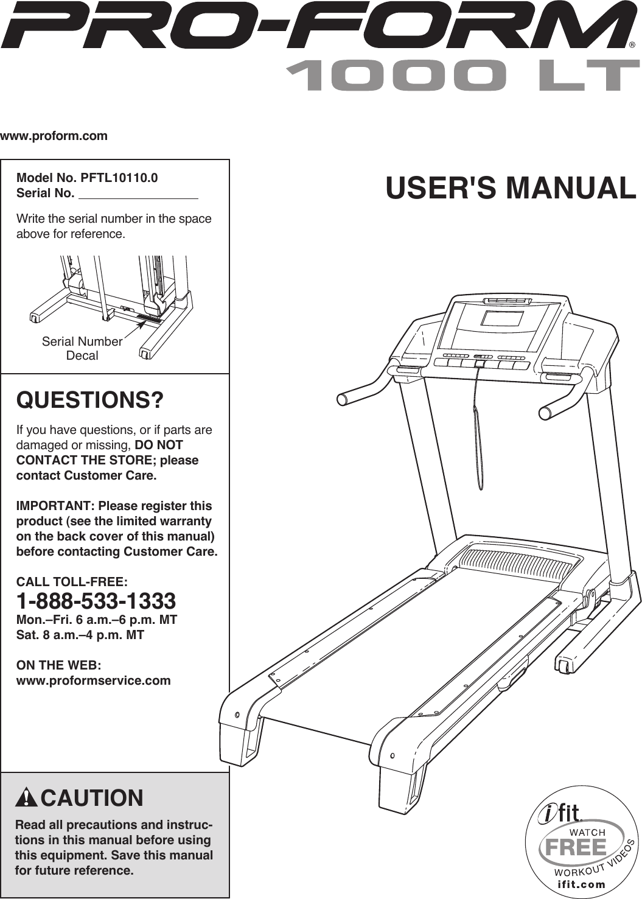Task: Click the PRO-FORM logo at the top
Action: pos(316,26)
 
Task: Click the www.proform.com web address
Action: pos(54,136)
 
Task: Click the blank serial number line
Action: pos(139,195)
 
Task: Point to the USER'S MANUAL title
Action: pos(511,188)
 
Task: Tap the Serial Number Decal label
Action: pos(82,348)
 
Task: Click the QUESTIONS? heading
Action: pos(90,401)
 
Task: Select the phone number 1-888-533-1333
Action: pos(96,601)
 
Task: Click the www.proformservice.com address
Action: pos(94,680)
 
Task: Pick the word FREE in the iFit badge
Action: pos(576,847)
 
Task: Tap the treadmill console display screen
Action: pos(503,318)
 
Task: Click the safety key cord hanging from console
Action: pos(478,426)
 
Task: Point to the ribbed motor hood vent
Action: pos(515,563)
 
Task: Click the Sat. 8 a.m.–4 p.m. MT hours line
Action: pos(80,635)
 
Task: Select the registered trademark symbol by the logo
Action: pos(632,44)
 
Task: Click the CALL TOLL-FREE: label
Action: pos(72,582)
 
